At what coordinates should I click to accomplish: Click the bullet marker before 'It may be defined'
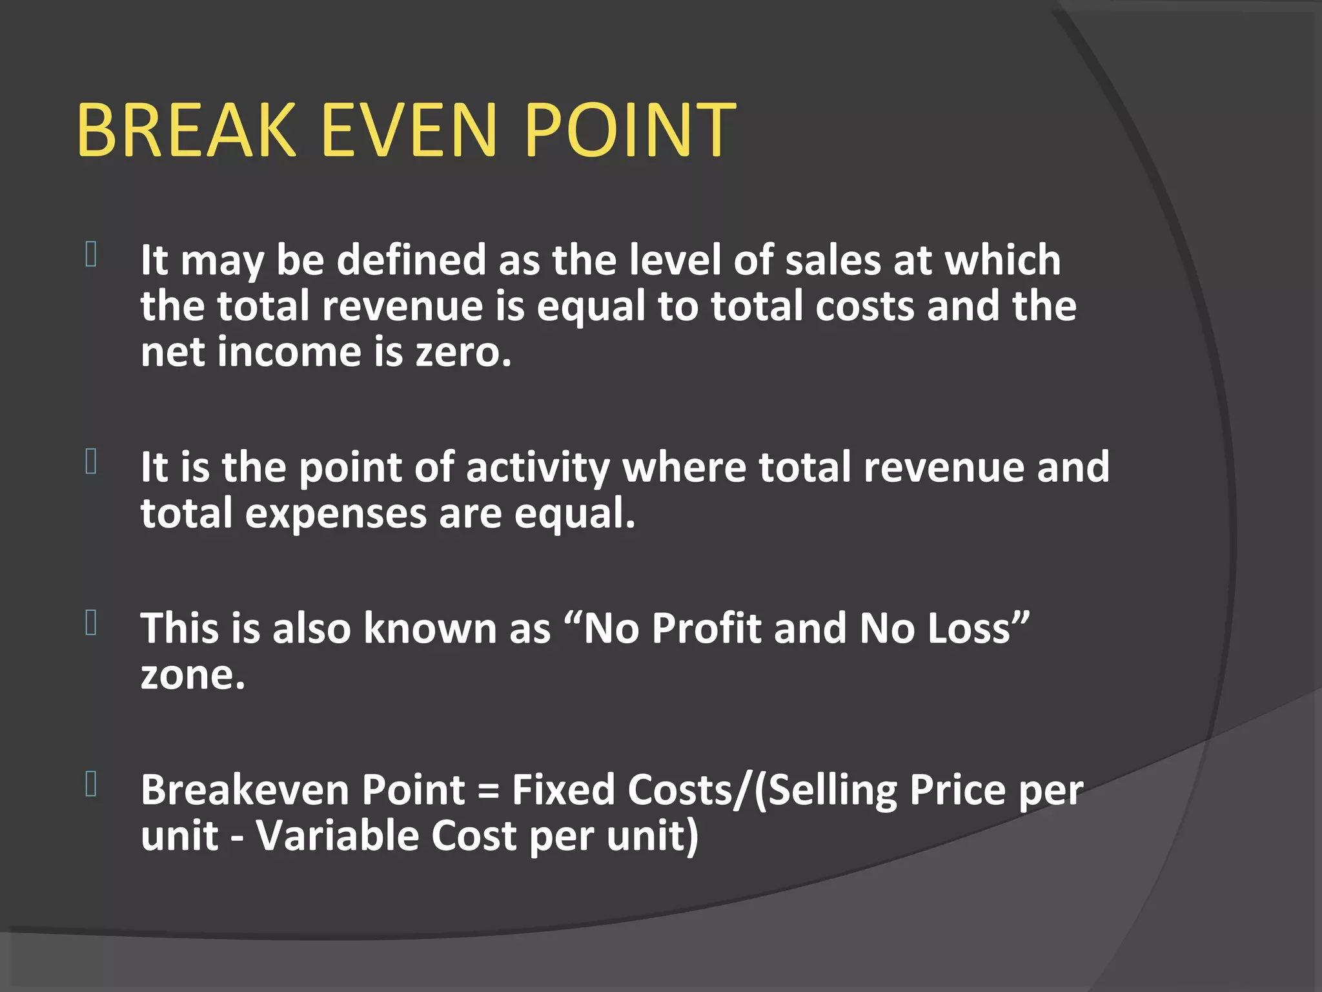tap(91, 254)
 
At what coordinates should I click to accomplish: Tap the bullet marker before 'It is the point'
tap(91, 461)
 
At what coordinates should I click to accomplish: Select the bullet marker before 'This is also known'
tap(91, 623)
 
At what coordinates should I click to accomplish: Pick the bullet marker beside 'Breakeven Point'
tap(91, 784)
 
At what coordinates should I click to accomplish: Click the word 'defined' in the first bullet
tap(411, 260)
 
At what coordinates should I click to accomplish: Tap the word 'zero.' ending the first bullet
tap(463, 353)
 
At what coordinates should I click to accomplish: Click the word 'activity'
tap(538, 468)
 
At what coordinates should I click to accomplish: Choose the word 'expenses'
tap(336, 514)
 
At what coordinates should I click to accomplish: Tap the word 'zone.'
tap(193, 676)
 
